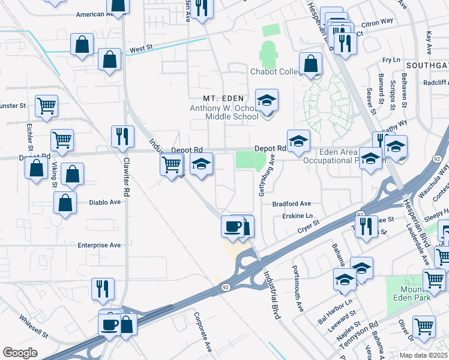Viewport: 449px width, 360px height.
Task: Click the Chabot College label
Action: tap(275, 72)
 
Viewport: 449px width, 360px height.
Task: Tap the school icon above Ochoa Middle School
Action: tap(267, 100)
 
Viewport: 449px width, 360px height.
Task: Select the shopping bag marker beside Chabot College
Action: tap(311, 64)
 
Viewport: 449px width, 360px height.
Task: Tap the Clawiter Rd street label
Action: tap(127, 177)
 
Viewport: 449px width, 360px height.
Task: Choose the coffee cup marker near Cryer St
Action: tap(233, 226)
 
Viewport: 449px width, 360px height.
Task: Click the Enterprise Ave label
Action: tap(100, 245)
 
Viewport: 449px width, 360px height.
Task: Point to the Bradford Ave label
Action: tap(292, 204)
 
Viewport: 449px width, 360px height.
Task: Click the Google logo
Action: tap(20, 353)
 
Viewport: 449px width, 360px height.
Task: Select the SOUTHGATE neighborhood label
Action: tap(426, 65)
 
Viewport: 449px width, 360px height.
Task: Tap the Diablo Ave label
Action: tap(104, 203)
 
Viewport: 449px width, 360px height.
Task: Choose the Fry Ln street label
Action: tap(391, 60)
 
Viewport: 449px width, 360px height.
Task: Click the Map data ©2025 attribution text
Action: tap(423, 355)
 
